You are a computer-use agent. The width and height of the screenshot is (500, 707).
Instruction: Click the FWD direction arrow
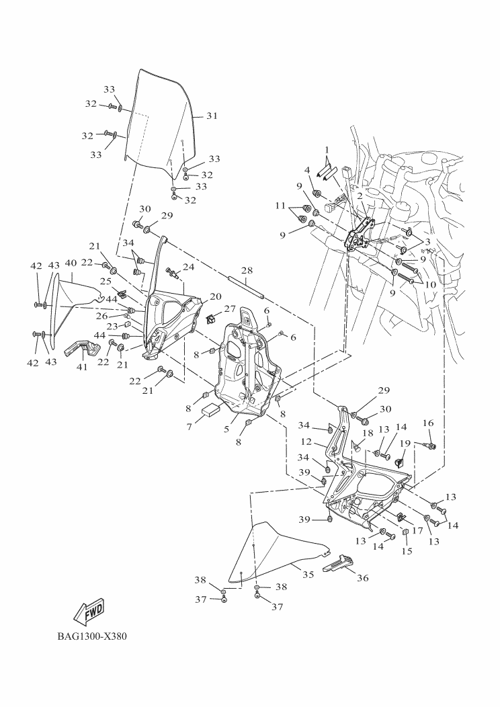pos(88,611)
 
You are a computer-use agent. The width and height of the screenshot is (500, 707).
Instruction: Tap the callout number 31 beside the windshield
pos(212,116)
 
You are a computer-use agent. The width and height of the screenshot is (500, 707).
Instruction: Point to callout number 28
pos(247,270)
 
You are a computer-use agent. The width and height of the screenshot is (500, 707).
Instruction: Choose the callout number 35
pos(308,575)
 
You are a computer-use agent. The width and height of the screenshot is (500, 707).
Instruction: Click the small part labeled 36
pos(339,563)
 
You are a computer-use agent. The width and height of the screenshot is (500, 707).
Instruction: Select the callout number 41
pos(83,367)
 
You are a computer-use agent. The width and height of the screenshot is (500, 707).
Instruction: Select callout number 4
pos(306,170)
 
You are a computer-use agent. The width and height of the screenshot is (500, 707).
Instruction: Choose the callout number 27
pos(230,308)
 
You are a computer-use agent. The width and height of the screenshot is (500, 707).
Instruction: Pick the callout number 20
pos(215,296)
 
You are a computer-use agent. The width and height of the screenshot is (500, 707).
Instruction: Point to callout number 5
pos(227,428)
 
